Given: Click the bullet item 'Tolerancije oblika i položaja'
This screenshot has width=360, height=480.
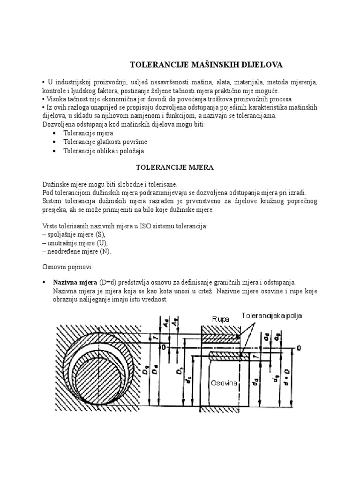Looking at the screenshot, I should tap(104, 151).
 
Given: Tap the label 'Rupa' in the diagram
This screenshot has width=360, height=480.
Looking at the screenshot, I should tap(220, 319).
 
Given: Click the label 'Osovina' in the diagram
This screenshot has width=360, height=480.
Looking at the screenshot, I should tap(225, 383).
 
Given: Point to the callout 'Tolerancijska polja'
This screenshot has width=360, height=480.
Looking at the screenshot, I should tap(272, 316).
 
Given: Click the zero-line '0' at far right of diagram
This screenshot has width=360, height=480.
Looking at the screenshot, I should tap(298, 348).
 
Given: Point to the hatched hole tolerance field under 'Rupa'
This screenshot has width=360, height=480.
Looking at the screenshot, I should tap(220, 337).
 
